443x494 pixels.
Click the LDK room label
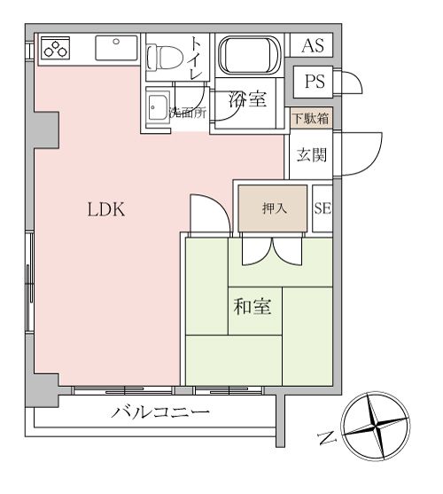107,211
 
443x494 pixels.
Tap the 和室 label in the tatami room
252,308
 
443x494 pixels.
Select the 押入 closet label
272,209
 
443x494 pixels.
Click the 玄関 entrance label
312,155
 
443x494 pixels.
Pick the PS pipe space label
315,82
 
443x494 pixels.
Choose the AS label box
313,46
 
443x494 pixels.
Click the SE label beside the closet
323,209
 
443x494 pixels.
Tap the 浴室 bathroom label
247,100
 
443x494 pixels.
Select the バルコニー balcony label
160,412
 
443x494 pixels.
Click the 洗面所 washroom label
187,113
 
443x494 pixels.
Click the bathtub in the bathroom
249,57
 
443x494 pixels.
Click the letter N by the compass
326,437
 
